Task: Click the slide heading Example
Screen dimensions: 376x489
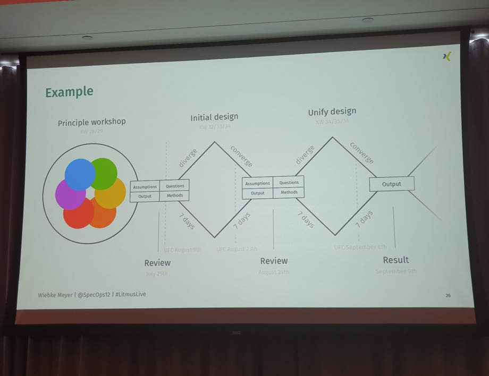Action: click(69, 92)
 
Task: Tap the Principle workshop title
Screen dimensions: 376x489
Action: click(92, 122)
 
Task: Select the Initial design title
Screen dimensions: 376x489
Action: click(214, 117)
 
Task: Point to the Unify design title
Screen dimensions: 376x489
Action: click(332, 112)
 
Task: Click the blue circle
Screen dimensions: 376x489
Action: click(80, 174)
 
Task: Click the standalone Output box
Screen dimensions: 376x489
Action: click(392, 184)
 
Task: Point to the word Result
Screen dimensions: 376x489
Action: click(396, 260)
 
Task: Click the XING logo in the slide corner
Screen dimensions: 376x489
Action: click(446, 56)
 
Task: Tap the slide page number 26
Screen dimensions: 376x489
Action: click(448, 295)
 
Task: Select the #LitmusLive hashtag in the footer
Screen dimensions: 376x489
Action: click(131, 294)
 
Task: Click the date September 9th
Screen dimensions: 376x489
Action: click(396, 271)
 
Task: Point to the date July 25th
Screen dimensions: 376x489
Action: click(157, 274)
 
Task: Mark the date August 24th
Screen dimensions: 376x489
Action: click(274, 272)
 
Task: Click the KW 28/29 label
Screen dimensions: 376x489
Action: click(91, 131)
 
